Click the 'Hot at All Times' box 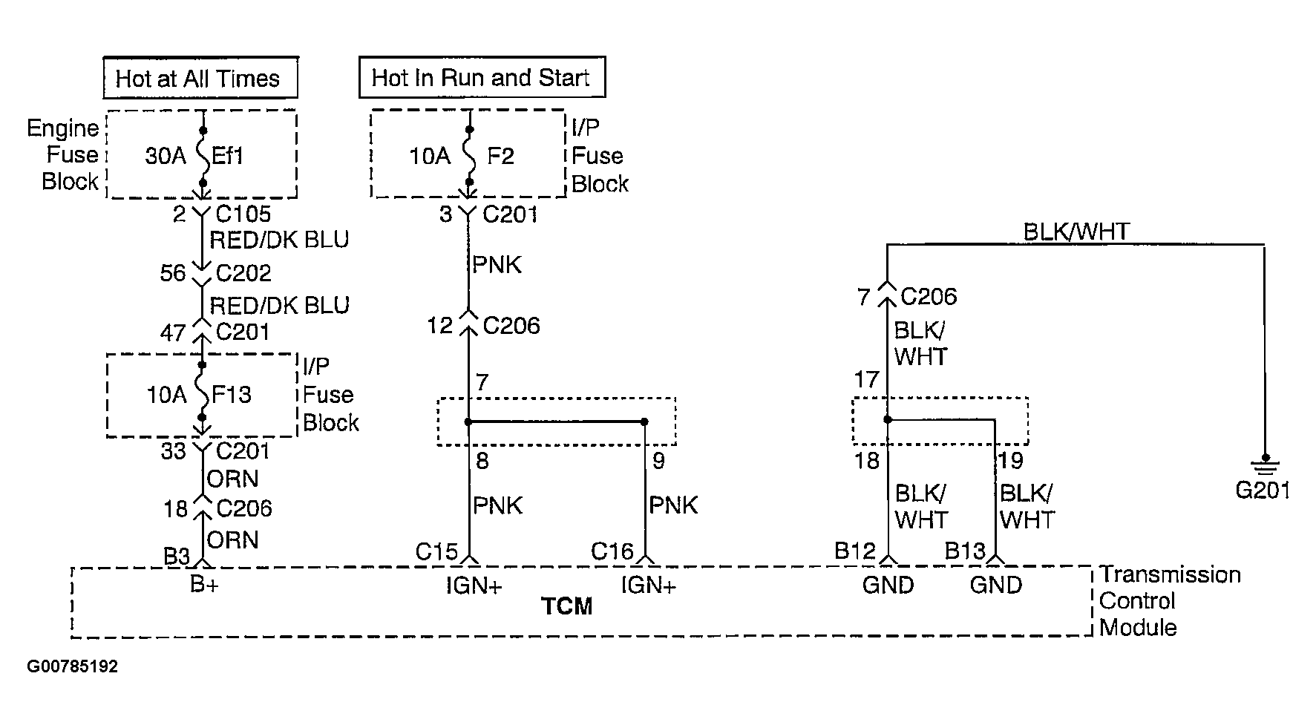point(200,78)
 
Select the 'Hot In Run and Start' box point(482,77)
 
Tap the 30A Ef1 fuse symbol point(203,156)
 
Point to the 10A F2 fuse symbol point(468,156)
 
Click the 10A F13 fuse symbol point(202,394)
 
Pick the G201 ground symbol point(1265,468)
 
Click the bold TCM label point(567,606)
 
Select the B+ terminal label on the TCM point(204,585)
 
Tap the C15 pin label point(436,551)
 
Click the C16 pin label point(612,551)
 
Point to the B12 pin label point(855,551)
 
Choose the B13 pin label point(964,551)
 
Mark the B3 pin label point(177,556)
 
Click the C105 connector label point(243,214)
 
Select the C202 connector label point(243,273)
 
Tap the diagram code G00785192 point(73,666)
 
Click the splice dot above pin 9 point(644,422)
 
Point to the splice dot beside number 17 point(888,419)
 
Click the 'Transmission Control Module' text point(1169,601)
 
